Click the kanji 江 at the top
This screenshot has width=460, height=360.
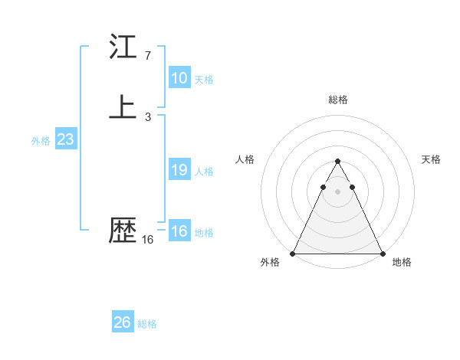pos(123,47)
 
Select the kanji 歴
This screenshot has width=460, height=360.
pos(123,231)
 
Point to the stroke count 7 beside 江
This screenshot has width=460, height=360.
pos(147,56)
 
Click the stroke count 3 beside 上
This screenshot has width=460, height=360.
pos(147,116)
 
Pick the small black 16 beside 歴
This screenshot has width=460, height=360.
pos(147,240)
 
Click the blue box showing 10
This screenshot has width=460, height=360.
pos(179,78)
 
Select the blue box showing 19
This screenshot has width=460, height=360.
pos(179,170)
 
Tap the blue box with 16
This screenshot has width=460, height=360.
pos(179,231)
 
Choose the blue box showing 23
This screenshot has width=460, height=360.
pos(65,139)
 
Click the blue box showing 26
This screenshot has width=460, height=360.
pos(123,322)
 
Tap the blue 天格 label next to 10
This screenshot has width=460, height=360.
pos(204,80)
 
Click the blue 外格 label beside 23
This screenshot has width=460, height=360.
pos(41,141)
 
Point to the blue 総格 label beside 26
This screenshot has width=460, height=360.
pos(147,324)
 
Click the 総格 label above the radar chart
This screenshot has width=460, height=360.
pos(338,100)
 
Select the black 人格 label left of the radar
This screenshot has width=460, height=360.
pos(245,159)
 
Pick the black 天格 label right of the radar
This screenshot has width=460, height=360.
pos(432,159)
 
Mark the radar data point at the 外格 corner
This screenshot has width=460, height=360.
pos(293,254)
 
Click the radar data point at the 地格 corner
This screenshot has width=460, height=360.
pos(382,254)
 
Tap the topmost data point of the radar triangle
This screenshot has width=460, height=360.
pos(337,162)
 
